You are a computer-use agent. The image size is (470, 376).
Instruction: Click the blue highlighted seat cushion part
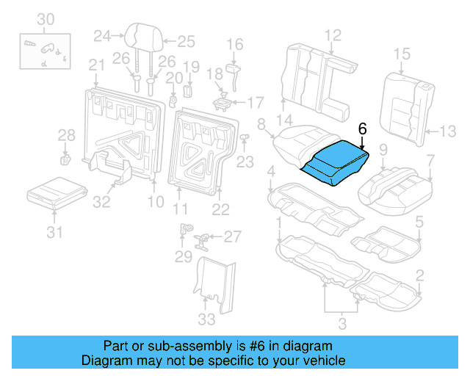coord(334,161)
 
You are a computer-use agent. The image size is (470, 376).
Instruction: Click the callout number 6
coord(361,128)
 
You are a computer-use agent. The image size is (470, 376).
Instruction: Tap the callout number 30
coord(46,19)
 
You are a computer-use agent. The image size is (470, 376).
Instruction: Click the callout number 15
coord(402,54)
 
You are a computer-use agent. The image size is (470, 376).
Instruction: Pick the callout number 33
coord(207,319)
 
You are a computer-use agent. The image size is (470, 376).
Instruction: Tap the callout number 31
coord(55,234)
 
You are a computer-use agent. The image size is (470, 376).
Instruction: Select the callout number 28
coord(66,134)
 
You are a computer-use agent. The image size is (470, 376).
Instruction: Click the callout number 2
coord(419,275)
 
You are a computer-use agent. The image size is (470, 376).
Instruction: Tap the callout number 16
coord(234,46)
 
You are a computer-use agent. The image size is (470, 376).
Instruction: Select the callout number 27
coord(232,236)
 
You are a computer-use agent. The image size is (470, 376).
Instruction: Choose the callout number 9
coord(383,151)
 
